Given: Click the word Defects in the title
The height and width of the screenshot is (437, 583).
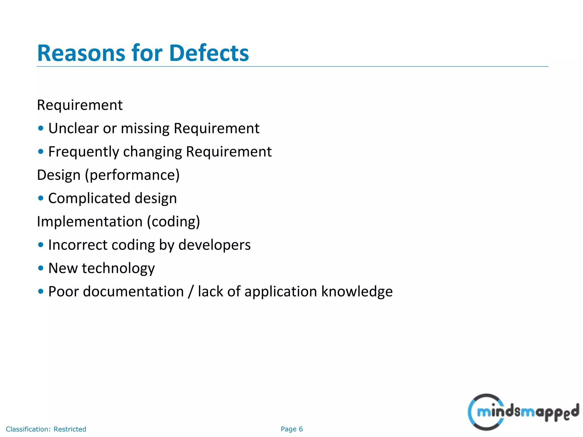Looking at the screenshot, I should [209, 53].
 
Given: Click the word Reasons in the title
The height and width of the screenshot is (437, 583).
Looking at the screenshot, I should [81, 53].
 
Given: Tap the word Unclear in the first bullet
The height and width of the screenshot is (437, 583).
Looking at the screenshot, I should [73, 128].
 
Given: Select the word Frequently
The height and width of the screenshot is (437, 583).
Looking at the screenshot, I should [83, 152].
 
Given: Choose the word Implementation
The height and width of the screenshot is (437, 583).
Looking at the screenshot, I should [90, 222].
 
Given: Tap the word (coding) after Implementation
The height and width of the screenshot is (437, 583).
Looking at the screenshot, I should [174, 222].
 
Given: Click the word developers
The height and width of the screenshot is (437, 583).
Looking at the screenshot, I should [214, 245].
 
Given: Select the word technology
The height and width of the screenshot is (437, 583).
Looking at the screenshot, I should [118, 268].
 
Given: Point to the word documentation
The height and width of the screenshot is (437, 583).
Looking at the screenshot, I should [133, 292].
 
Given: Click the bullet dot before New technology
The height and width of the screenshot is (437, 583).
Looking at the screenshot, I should [41, 268].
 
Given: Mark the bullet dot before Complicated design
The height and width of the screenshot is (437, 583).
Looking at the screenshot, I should [41, 198].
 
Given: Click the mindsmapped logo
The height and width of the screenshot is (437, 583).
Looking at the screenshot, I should [523, 412].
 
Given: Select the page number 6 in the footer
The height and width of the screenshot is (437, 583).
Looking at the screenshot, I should [301, 429].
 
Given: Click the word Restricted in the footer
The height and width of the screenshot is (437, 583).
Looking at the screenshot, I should [70, 429].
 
